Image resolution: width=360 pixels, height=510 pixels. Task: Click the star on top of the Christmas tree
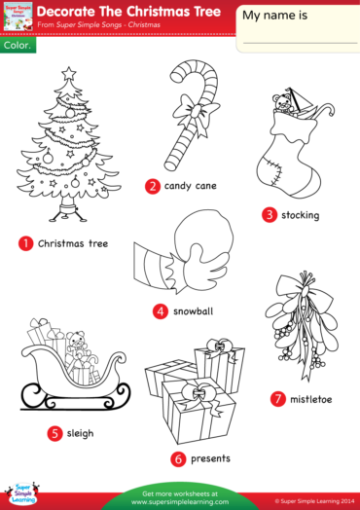[68, 74]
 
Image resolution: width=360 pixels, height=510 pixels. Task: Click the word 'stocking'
[299, 214]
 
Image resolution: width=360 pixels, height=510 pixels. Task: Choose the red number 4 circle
[160, 311]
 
